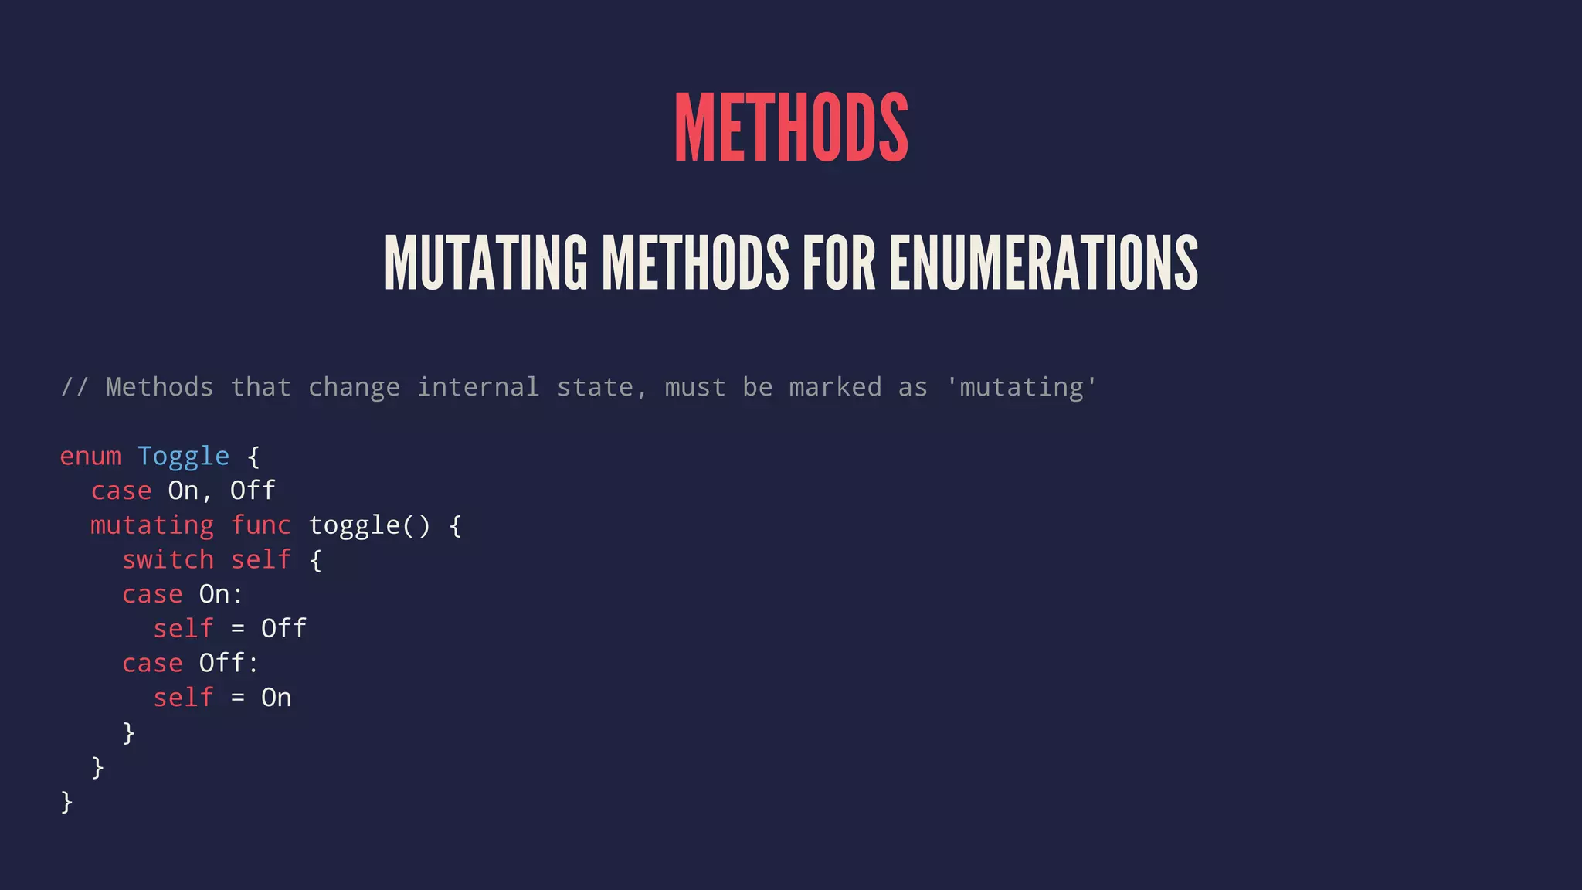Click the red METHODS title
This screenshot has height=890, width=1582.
pos(791,127)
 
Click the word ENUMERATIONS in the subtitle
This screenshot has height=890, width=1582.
pos(1044,263)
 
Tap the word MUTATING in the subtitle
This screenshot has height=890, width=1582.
pos(485,263)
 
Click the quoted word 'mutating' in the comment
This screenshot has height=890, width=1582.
pos(1020,387)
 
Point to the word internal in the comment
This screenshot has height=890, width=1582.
pos(478,387)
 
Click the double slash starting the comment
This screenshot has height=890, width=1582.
pos(74,387)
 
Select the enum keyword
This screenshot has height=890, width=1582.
pos(90,457)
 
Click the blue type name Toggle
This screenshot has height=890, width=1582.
pos(183,457)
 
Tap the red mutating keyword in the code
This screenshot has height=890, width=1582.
pos(152,526)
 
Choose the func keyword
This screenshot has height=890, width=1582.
pos(261,526)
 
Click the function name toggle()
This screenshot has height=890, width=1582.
pos(369,526)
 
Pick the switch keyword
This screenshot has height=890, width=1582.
pos(168,560)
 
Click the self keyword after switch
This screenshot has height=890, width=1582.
pos(261,560)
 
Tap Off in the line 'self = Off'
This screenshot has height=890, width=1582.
pos(283,629)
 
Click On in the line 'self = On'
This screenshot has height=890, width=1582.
pos(276,698)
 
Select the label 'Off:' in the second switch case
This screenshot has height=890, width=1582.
pos(229,664)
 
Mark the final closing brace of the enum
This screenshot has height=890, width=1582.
pos(66,802)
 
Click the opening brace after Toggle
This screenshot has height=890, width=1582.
pos(253,457)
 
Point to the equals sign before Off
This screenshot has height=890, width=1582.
pos(238,630)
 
